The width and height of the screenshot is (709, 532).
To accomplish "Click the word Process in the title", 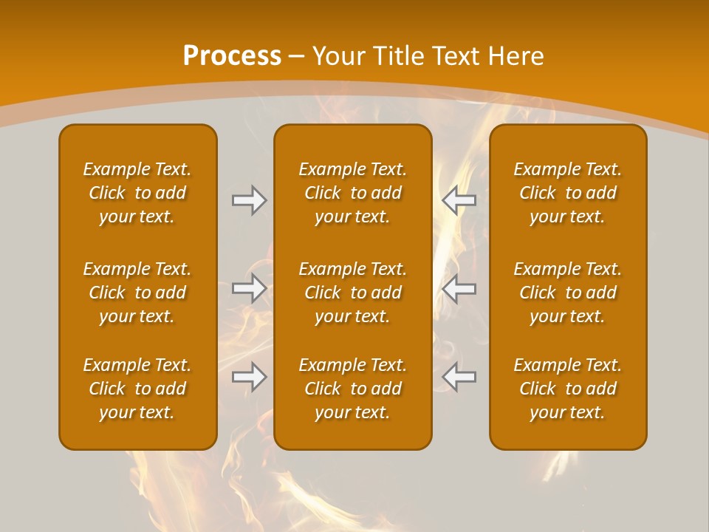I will pyautogui.click(x=232, y=56).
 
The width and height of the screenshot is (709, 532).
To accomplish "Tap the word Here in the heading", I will pyautogui.click(x=516, y=56).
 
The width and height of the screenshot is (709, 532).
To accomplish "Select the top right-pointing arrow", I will pyautogui.click(x=249, y=200).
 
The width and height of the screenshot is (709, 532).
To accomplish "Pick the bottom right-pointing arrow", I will pyautogui.click(x=249, y=377).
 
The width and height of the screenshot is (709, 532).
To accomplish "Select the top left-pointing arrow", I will pyautogui.click(x=459, y=200).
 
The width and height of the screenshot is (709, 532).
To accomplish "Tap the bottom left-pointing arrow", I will pyautogui.click(x=459, y=377).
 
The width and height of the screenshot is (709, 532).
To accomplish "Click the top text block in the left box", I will pyautogui.click(x=137, y=193).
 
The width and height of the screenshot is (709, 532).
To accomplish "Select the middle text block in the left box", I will pyautogui.click(x=137, y=293).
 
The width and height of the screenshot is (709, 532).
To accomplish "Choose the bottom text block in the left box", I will pyautogui.click(x=137, y=389).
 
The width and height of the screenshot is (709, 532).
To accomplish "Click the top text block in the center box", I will pyautogui.click(x=352, y=193).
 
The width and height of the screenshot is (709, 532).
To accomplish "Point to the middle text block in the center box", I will pyautogui.click(x=352, y=293).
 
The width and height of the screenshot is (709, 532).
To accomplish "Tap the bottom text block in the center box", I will pyautogui.click(x=352, y=389).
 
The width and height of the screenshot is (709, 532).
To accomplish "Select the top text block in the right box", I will pyautogui.click(x=567, y=193).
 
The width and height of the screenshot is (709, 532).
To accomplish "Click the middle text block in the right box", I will pyautogui.click(x=567, y=293).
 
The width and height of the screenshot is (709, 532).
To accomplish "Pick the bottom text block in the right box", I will pyautogui.click(x=567, y=389).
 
